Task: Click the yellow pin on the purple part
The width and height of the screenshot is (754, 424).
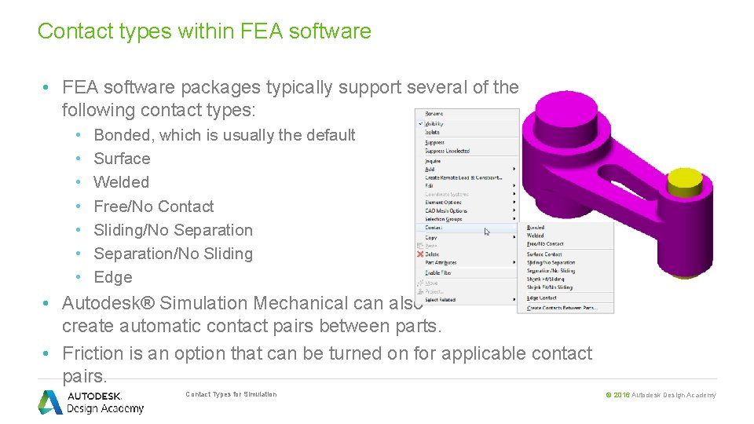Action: click(x=695, y=185)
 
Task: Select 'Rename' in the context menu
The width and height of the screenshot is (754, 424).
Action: click(x=434, y=114)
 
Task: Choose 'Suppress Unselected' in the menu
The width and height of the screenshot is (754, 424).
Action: click(x=447, y=151)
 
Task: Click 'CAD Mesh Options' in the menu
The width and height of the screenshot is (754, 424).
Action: click(x=446, y=210)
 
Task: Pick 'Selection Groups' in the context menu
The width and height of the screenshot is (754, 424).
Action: click(x=444, y=219)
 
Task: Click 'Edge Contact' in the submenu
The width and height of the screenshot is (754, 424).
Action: click(x=541, y=298)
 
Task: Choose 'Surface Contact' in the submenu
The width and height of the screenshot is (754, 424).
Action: click(x=544, y=254)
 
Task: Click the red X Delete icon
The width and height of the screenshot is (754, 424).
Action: click(x=420, y=254)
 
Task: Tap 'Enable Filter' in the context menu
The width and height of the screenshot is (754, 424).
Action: click(x=437, y=272)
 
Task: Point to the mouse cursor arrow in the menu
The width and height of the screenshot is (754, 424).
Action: click(x=487, y=231)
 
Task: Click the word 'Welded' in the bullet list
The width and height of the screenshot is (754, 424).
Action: click(x=121, y=182)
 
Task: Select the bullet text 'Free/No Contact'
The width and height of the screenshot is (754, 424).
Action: click(x=153, y=207)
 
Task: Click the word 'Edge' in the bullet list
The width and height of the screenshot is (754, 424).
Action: click(x=112, y=277)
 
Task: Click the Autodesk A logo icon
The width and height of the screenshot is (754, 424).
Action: click(x=50, y=402)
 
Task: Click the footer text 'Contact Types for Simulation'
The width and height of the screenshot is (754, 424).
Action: click(x=231, y=394)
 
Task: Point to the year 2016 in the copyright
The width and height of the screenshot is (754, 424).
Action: click(x=621, y=395)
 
